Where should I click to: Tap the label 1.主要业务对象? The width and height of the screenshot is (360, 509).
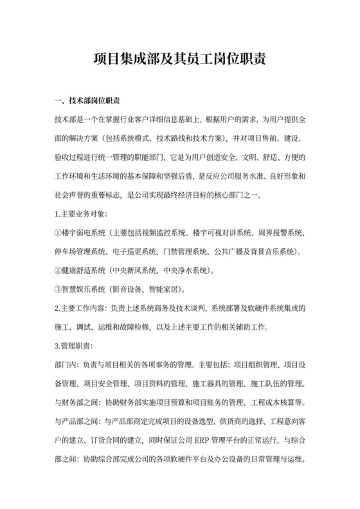click(x=82, y=213)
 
